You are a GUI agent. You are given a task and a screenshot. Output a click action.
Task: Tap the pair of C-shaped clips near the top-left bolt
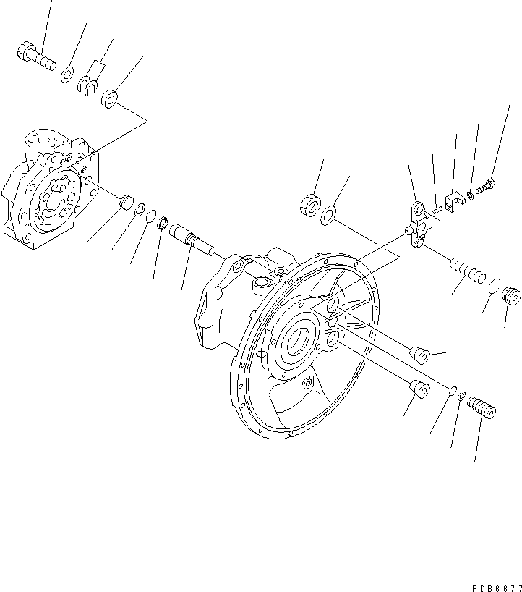click(x=88, y=85)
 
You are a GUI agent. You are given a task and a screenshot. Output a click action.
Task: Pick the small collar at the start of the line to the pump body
click(x=111, y=98)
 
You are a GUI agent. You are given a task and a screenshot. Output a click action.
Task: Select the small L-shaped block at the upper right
click(x=454, y=201)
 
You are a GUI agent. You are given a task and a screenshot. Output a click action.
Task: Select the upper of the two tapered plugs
click(x=419, y=355)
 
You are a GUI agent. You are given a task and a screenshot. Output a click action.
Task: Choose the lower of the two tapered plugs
click(x=419, y=389)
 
